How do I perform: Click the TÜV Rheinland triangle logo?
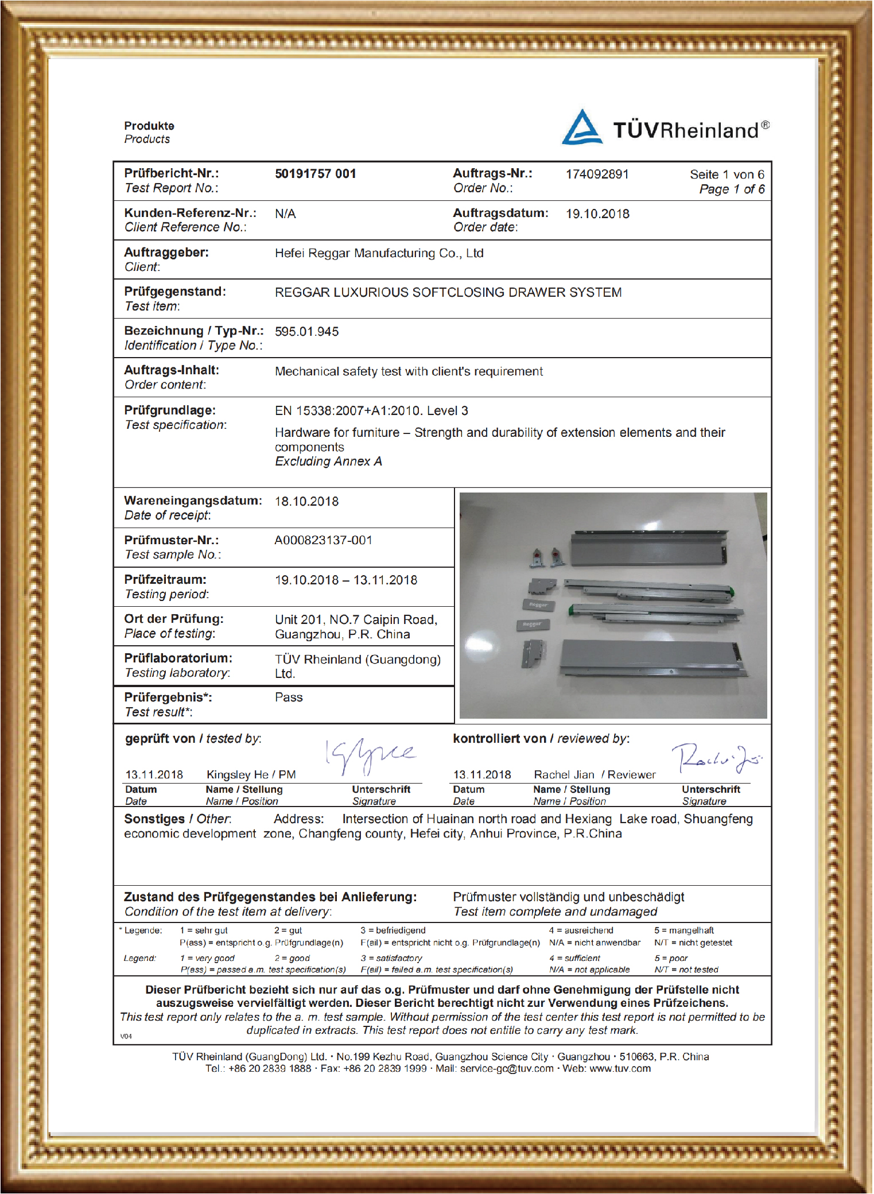coord(582,127)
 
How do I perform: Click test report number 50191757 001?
coord(315,174)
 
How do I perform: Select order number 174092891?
coord(597,175)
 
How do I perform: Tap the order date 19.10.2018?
coord(597,214)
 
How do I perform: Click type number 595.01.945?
coord(306,332)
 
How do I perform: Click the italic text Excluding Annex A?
coord(328,462)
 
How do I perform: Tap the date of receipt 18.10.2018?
coord(306,502)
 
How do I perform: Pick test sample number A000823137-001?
coord(323,541)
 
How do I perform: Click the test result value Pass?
coord(289,697)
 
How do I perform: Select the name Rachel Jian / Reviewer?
coord(595,775)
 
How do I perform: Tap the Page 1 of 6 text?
coord(731,189)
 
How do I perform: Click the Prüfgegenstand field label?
coord(175,292)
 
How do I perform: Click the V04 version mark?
coord(126,1036)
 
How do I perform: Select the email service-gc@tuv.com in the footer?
coord(507,1069)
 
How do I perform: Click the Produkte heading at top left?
coord(149,126)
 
